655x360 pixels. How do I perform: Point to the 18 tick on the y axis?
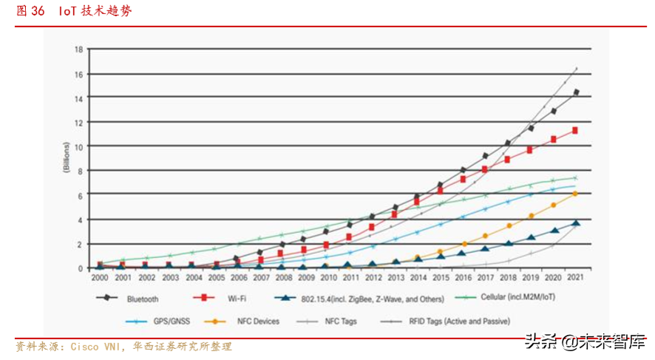[x=78, y=50]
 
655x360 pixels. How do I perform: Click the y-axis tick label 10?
[x=78, y=146]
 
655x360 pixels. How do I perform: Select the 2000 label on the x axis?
[x=99, y=278]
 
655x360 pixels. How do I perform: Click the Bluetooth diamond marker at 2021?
[x=576, y=92]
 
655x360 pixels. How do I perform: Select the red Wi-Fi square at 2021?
[x=575, y=130]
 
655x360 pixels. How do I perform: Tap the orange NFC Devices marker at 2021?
[x=575, y=194]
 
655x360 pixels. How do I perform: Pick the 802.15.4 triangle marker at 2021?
[x=576, y=223]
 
